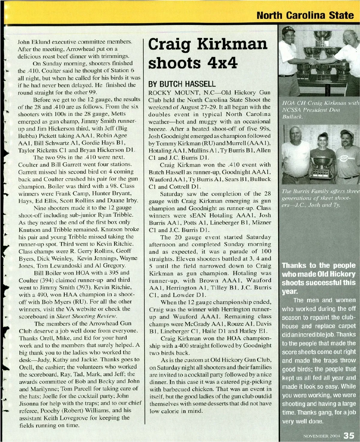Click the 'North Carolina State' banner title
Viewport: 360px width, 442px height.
(305, 15)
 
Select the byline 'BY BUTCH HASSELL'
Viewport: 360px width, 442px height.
(182, 84)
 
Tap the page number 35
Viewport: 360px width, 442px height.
(349, 435)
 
